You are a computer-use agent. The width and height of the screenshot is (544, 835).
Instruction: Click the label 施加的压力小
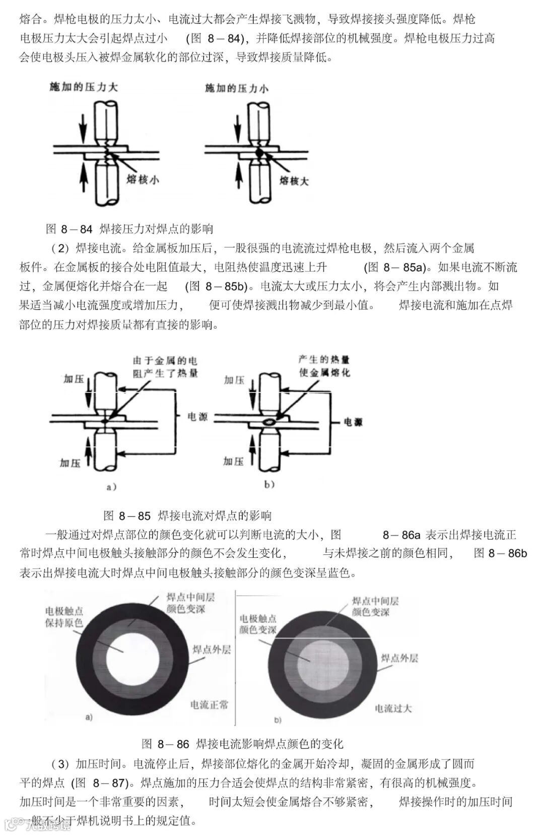[x=236, y=89]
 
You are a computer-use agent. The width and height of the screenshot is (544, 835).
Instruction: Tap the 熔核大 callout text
[x=294, y=180]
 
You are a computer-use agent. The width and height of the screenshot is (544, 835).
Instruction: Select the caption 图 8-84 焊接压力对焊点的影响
[x=129, y=229]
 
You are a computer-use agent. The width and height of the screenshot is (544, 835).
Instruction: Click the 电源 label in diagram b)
[x=353, y=422]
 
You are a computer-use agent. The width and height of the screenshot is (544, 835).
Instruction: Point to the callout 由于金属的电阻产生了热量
[x=165, y=367]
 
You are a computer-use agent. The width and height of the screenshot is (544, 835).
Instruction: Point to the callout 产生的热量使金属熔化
[x=324, y=366]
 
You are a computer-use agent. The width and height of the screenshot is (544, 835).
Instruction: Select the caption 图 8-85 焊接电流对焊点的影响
[x=187, y=516]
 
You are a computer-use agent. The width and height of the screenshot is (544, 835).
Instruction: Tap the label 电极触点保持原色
[x=64, y=617]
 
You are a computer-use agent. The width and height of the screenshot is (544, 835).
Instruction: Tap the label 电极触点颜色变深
[x=258, y=624]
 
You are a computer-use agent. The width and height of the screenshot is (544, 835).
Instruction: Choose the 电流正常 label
[x=209, y=704]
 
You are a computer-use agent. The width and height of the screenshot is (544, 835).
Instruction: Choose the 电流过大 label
[x=393, y=708]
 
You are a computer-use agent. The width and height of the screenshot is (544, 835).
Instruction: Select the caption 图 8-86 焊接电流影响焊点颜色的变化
[x=242, y=744]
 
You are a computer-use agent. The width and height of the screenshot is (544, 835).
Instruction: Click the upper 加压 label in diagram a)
[x=74, y=379]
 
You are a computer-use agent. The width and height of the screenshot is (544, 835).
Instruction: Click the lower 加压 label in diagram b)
[x=234, y=461]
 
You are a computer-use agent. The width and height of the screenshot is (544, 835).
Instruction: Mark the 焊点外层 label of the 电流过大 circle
[x=399, y=658]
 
